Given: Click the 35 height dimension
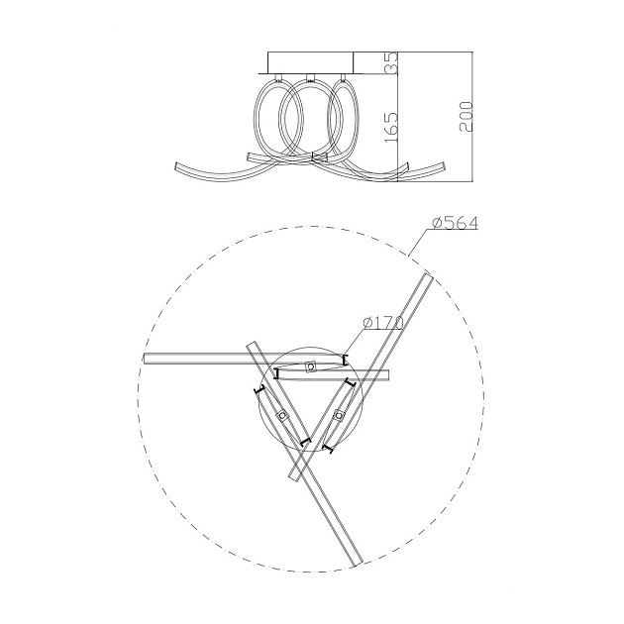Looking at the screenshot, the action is [392, 62].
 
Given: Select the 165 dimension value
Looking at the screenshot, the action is [391, 128].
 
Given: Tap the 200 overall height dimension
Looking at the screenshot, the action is [466, 117].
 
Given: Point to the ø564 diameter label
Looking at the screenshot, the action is [455, 223].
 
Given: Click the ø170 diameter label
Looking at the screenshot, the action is [383, 322].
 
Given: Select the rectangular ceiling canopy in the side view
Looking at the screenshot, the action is [311, 62].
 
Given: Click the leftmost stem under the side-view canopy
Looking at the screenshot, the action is [278, 77].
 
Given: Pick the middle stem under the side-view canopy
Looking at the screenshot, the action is [310, 77].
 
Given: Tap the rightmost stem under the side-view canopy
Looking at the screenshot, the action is [342, 77].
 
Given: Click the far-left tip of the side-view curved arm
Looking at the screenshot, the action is [176, 165].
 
